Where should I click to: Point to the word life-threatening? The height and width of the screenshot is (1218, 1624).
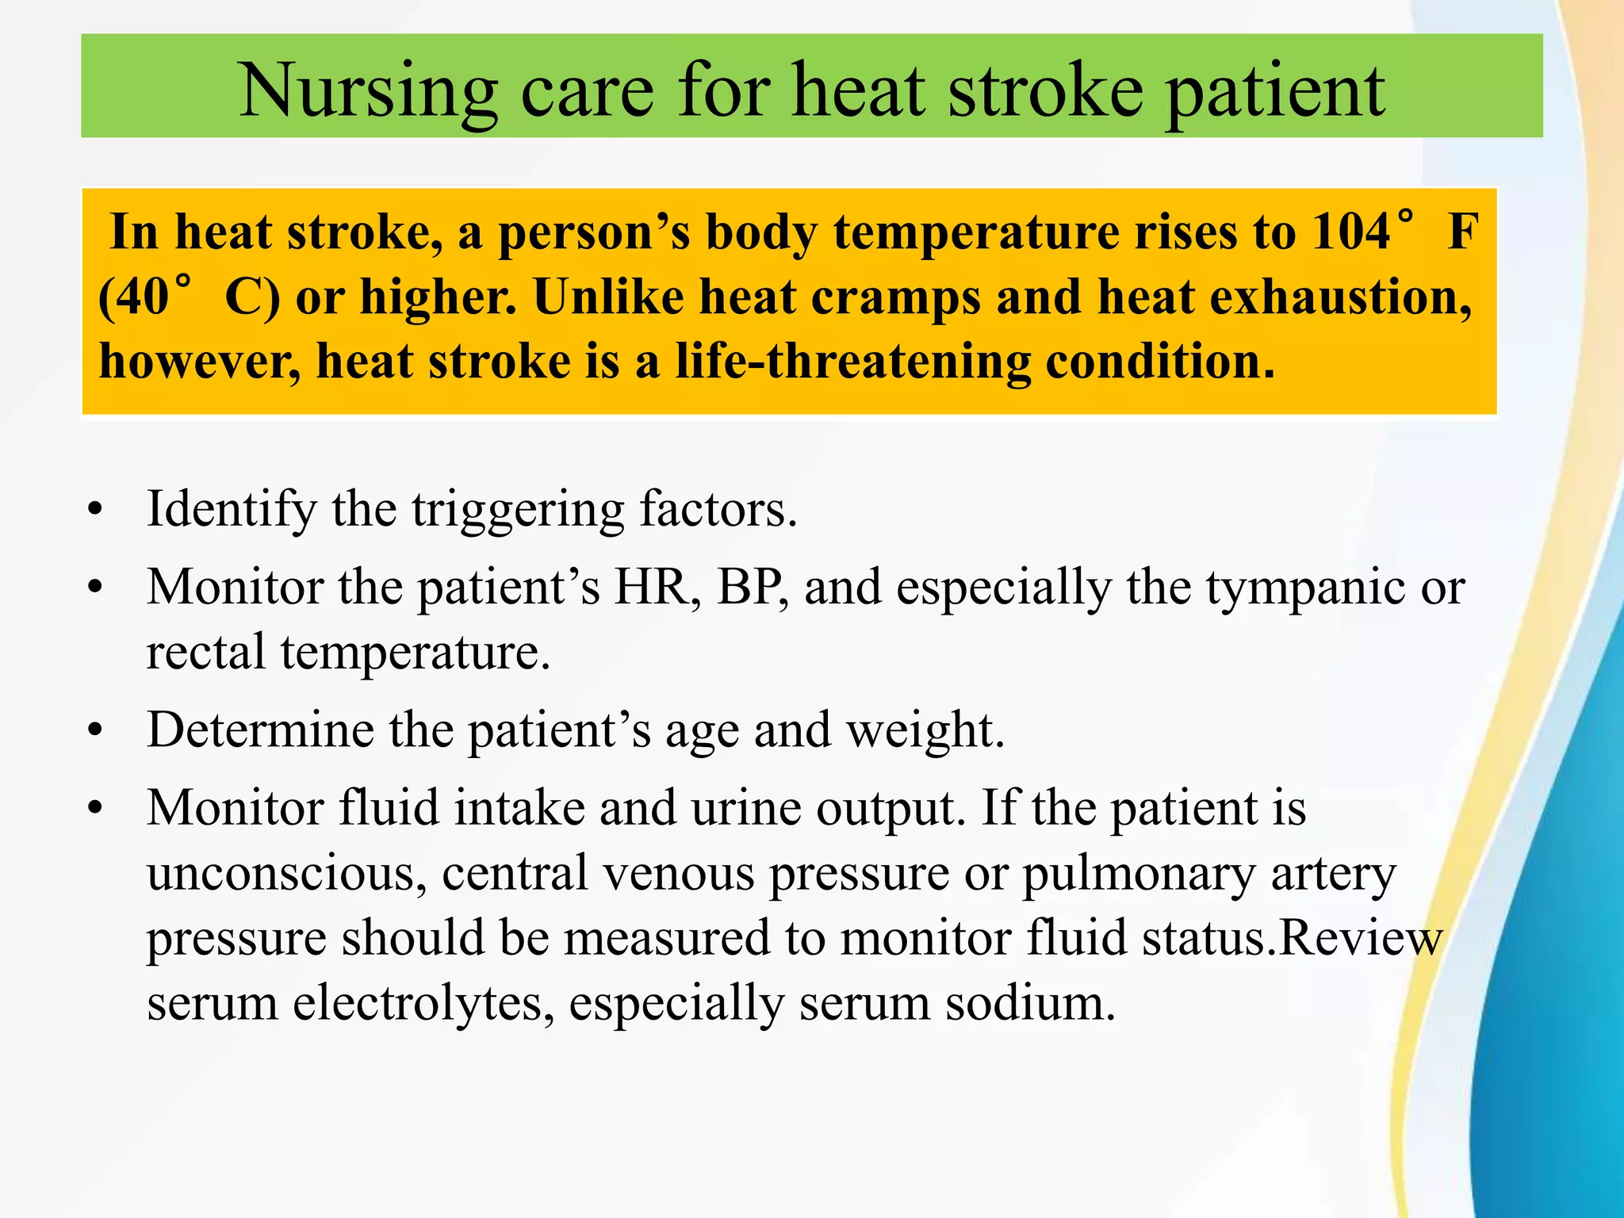852,362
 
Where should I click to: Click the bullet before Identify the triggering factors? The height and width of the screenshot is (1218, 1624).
96,510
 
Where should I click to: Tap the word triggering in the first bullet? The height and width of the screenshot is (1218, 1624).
518,510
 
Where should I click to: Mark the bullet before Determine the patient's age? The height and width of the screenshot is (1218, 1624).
96,730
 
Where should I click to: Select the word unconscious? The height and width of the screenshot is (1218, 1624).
281,873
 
